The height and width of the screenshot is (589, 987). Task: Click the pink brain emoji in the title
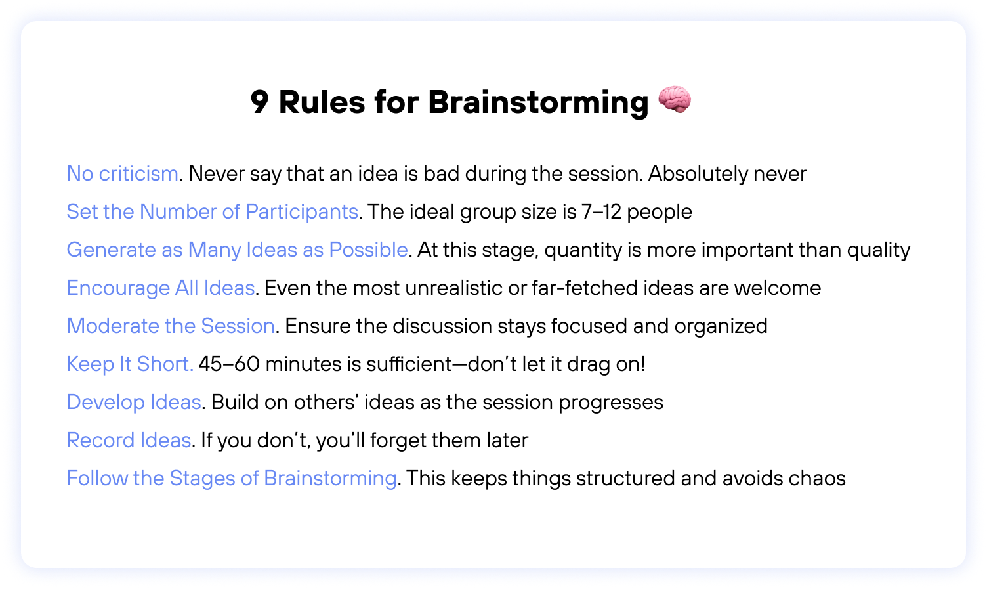pos(674,100)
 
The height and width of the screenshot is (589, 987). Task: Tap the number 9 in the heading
pos(260,102)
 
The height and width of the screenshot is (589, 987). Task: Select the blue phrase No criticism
pos(123,174)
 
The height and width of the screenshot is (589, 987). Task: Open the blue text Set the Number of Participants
pos(212,212)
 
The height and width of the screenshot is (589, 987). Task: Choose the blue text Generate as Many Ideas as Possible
pos(237,250)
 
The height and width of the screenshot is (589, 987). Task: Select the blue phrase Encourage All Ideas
pos(161,288)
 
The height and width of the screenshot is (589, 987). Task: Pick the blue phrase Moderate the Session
pos(171,326)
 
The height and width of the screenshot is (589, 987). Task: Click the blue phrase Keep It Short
pos(130,364)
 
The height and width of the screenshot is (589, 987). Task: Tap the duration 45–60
pos(229,364)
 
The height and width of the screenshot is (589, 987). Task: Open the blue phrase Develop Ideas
pos(134,403)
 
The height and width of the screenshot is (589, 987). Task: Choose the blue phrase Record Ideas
pos(129,441)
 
